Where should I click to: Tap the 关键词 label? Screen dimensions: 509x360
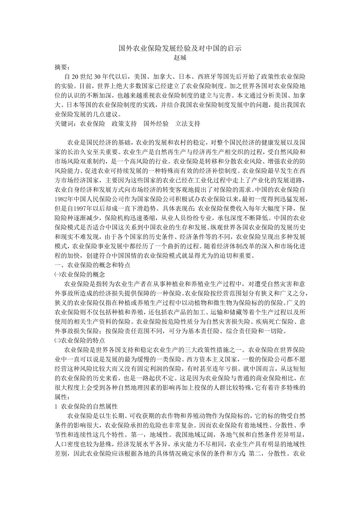tap(65, 124)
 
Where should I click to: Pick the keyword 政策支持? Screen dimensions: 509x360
tap(124, 124)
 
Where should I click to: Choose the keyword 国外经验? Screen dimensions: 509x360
tap(156, 124)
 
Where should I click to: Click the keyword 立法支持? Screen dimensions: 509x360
tap(188, 124)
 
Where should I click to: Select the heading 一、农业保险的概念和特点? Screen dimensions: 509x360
tap(92, 265)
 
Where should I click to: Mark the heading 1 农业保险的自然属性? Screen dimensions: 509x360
tap(86, 407)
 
